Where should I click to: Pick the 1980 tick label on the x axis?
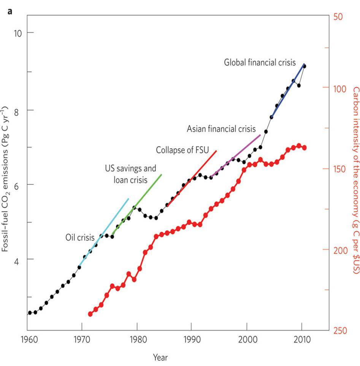click(x=136, y=339)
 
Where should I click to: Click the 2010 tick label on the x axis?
click(x=302, y=339)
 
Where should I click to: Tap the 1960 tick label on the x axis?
click(x=27, y=339)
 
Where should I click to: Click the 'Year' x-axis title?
click(x=160, y=357)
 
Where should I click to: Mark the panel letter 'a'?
click(x=10, y=11)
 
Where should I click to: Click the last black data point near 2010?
click(x=304, y=66)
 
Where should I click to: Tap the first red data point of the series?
click(x=90, y=314)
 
